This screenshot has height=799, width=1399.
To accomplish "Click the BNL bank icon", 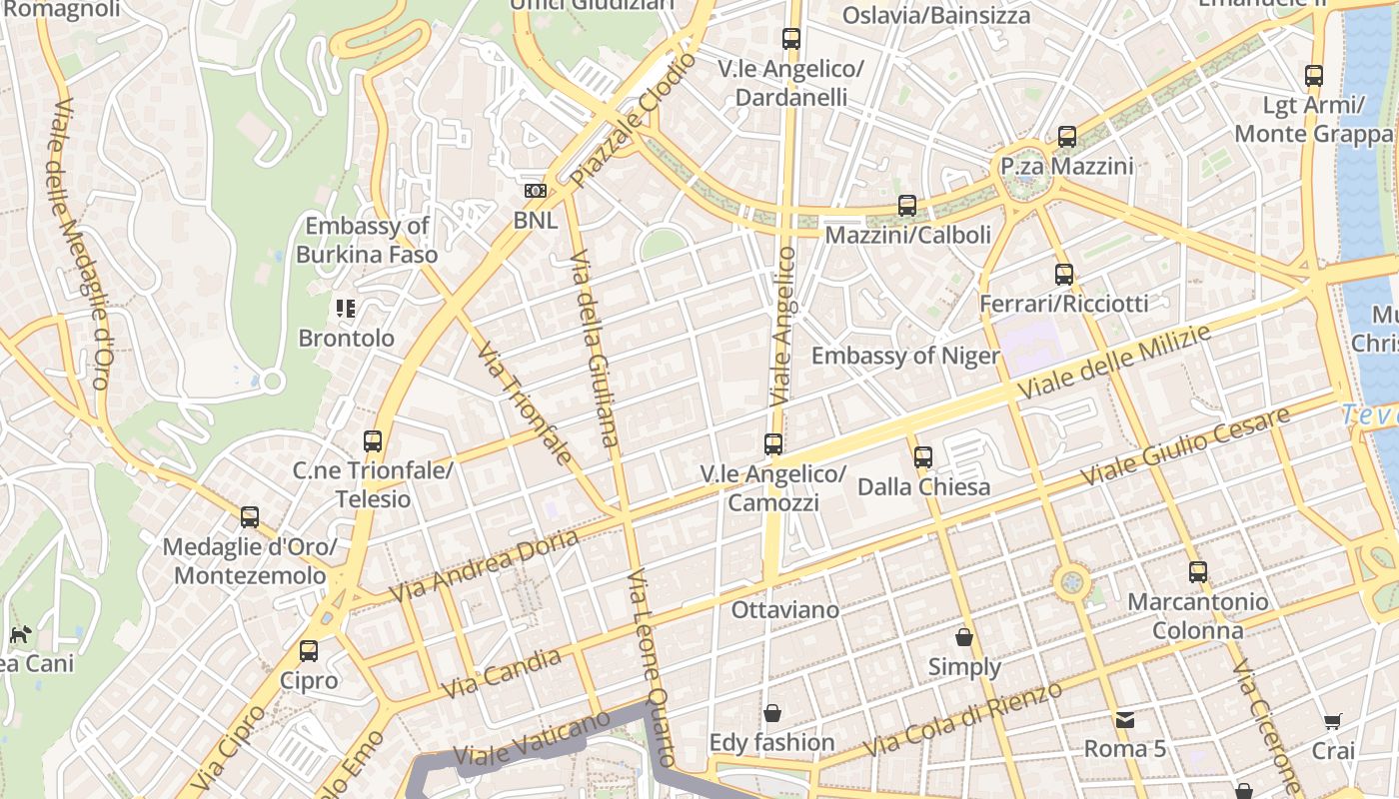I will tap(536, 191).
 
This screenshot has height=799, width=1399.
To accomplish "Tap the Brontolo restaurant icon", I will tap(346, 309).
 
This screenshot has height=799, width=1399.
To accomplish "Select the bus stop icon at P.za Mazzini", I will tap(1067, 137).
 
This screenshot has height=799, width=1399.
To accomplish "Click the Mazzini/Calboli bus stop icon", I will tap(907, 206).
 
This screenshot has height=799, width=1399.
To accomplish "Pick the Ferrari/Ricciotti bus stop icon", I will tap(1064, 274).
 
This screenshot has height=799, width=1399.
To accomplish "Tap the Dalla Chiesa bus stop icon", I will tap(923, 457).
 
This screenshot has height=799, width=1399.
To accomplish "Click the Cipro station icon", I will tap(309, 651).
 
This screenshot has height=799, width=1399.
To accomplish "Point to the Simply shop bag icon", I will tap(964, 637).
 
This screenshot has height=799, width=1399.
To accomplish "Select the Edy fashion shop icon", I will tap(771, 713).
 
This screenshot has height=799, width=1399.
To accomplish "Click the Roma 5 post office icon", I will tap(1125, 719).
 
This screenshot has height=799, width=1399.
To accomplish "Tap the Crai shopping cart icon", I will tap(1333, 721).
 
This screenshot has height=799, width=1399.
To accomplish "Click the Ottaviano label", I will tap(785, 609).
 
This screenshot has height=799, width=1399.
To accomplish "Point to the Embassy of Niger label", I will tap(904, 356).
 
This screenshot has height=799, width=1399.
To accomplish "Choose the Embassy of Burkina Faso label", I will tap(367, 240).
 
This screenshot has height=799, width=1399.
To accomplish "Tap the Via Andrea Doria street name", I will tap(484, 566).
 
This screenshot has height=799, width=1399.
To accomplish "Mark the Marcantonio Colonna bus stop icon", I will tap(1198, 572).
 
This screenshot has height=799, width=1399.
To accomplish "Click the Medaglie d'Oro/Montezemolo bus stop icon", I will tap(250, 517).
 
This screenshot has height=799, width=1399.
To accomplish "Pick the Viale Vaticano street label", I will tap(531, 739).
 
